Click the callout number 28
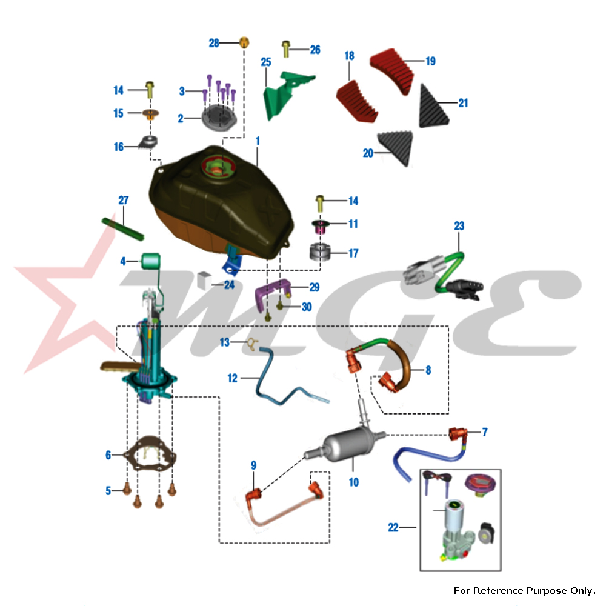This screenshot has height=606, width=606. [214, 43]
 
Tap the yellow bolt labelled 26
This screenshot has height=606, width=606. [286, 49]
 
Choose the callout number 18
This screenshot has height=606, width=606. [350, 56]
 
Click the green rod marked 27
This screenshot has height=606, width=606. [123, 229]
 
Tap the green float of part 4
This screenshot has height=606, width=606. [150, 261]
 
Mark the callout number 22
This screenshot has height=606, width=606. [393, 527]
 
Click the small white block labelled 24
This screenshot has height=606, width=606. [204, 280]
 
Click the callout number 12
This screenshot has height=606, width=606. [232, 378]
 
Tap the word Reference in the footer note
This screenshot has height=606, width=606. [499, 590]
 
